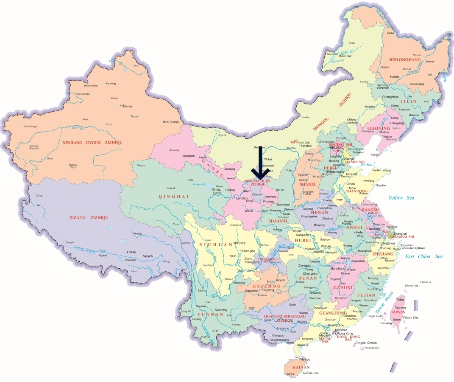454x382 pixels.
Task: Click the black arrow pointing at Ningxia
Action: (260, 163)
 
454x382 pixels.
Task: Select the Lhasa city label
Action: (131, 252)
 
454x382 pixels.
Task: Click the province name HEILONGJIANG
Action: (405, 60)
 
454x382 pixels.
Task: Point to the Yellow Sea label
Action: (401, 198)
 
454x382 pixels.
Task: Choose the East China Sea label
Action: (423, 256)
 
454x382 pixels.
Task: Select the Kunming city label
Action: (221, 309)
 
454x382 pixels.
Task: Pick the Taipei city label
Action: (400, 300)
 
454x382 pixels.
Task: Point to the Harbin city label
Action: (395, 77)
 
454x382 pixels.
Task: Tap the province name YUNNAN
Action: (210, 315)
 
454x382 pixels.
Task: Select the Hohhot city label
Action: (306, 146)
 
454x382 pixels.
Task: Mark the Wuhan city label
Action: (326, 246)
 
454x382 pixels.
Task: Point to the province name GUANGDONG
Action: (333, 313)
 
